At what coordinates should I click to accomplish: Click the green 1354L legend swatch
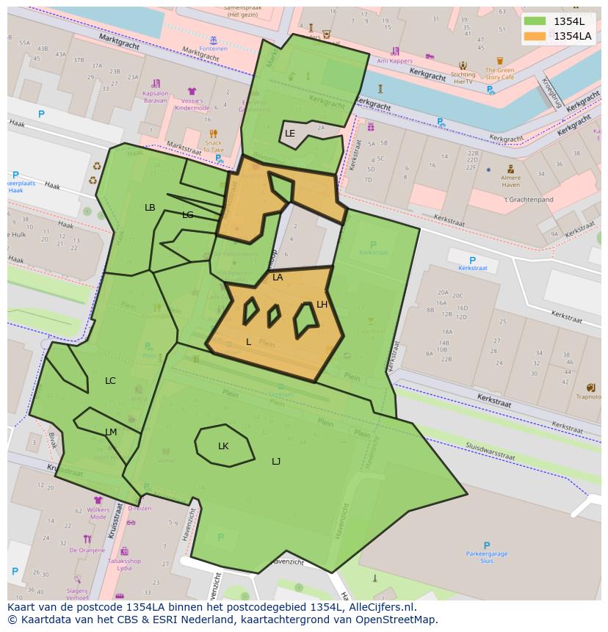tap(535, 21)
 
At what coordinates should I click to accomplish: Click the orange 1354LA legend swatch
tap(535, 36)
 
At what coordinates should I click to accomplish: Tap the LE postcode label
tap(290, 134)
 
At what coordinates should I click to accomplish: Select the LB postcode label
tap(150, 208)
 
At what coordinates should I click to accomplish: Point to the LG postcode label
tap(188, 215)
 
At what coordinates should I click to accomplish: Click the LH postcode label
tap(322, 305)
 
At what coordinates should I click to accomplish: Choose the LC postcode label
tap(110, 381)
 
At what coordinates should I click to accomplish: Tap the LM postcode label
tap(111, 432)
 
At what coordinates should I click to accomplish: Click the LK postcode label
tap(223, 446)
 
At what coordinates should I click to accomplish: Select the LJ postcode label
tap(276, 462)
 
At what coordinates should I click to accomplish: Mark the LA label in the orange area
tap(278, 277)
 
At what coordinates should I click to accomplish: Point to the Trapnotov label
tap(589, 397)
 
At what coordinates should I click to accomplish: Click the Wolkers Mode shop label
tap(98, 512)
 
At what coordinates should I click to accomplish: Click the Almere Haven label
tap(510, 181)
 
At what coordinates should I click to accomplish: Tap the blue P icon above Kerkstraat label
tap(472, 260)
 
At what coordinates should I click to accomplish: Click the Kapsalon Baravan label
tap(155, 96)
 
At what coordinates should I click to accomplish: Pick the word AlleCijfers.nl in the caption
tap(380, 607)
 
